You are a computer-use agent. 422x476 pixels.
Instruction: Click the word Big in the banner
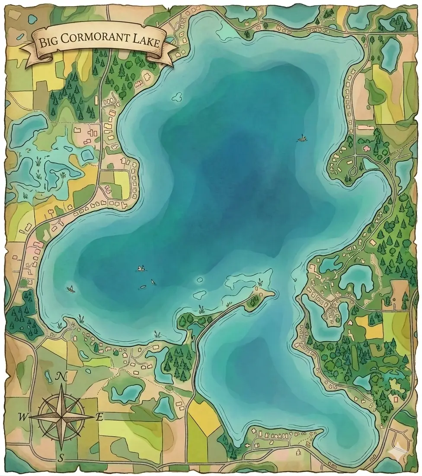(x=49, y=43)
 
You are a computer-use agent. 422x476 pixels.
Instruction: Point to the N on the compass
(x=62, y=377)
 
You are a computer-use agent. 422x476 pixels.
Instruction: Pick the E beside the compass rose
(x=99, y=417)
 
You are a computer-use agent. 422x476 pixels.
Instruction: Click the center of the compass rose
(x=62, y=417)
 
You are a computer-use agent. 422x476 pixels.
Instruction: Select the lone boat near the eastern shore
(x=302, y=139)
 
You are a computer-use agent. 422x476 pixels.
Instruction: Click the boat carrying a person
(x=141, y=269)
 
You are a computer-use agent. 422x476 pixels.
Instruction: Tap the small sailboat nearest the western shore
(x=70, y=289)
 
